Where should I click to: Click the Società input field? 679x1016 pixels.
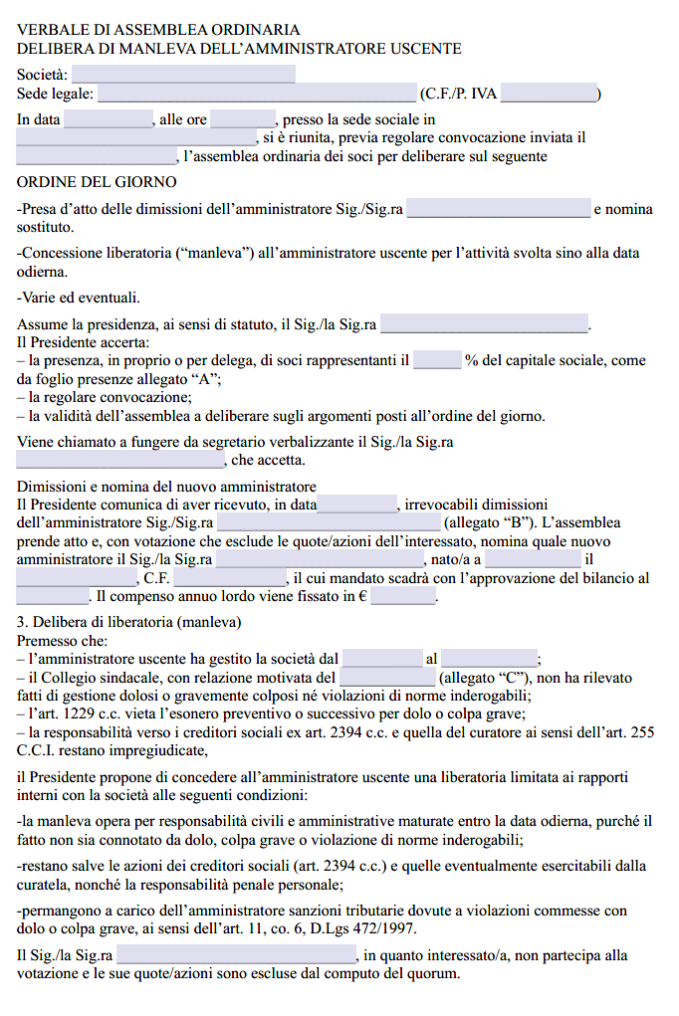point(183,74)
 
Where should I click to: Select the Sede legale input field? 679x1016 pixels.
point(257,95)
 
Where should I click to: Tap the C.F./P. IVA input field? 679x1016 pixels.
point(549,95)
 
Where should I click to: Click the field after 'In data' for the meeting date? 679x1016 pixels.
point(108,120)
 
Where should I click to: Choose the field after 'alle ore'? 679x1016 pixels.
point(243,120)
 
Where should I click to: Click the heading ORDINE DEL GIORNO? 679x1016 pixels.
point(97,182)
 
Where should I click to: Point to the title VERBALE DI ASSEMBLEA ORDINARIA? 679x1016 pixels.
point(158,31)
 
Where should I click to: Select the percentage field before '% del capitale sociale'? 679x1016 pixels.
point(437,361)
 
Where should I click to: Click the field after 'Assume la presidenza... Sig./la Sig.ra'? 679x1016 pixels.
point(485,324)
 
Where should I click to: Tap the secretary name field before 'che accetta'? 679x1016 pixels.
point(121,461)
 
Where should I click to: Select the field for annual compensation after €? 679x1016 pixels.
point(403,597)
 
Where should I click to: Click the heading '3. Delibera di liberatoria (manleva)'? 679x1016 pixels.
point(129,622)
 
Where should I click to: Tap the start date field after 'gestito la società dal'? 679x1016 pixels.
point(382,659)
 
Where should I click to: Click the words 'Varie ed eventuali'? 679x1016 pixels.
point(81,298)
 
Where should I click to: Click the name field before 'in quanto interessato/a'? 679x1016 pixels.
point(237,956)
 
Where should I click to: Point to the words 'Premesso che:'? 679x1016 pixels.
point(62,641)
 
